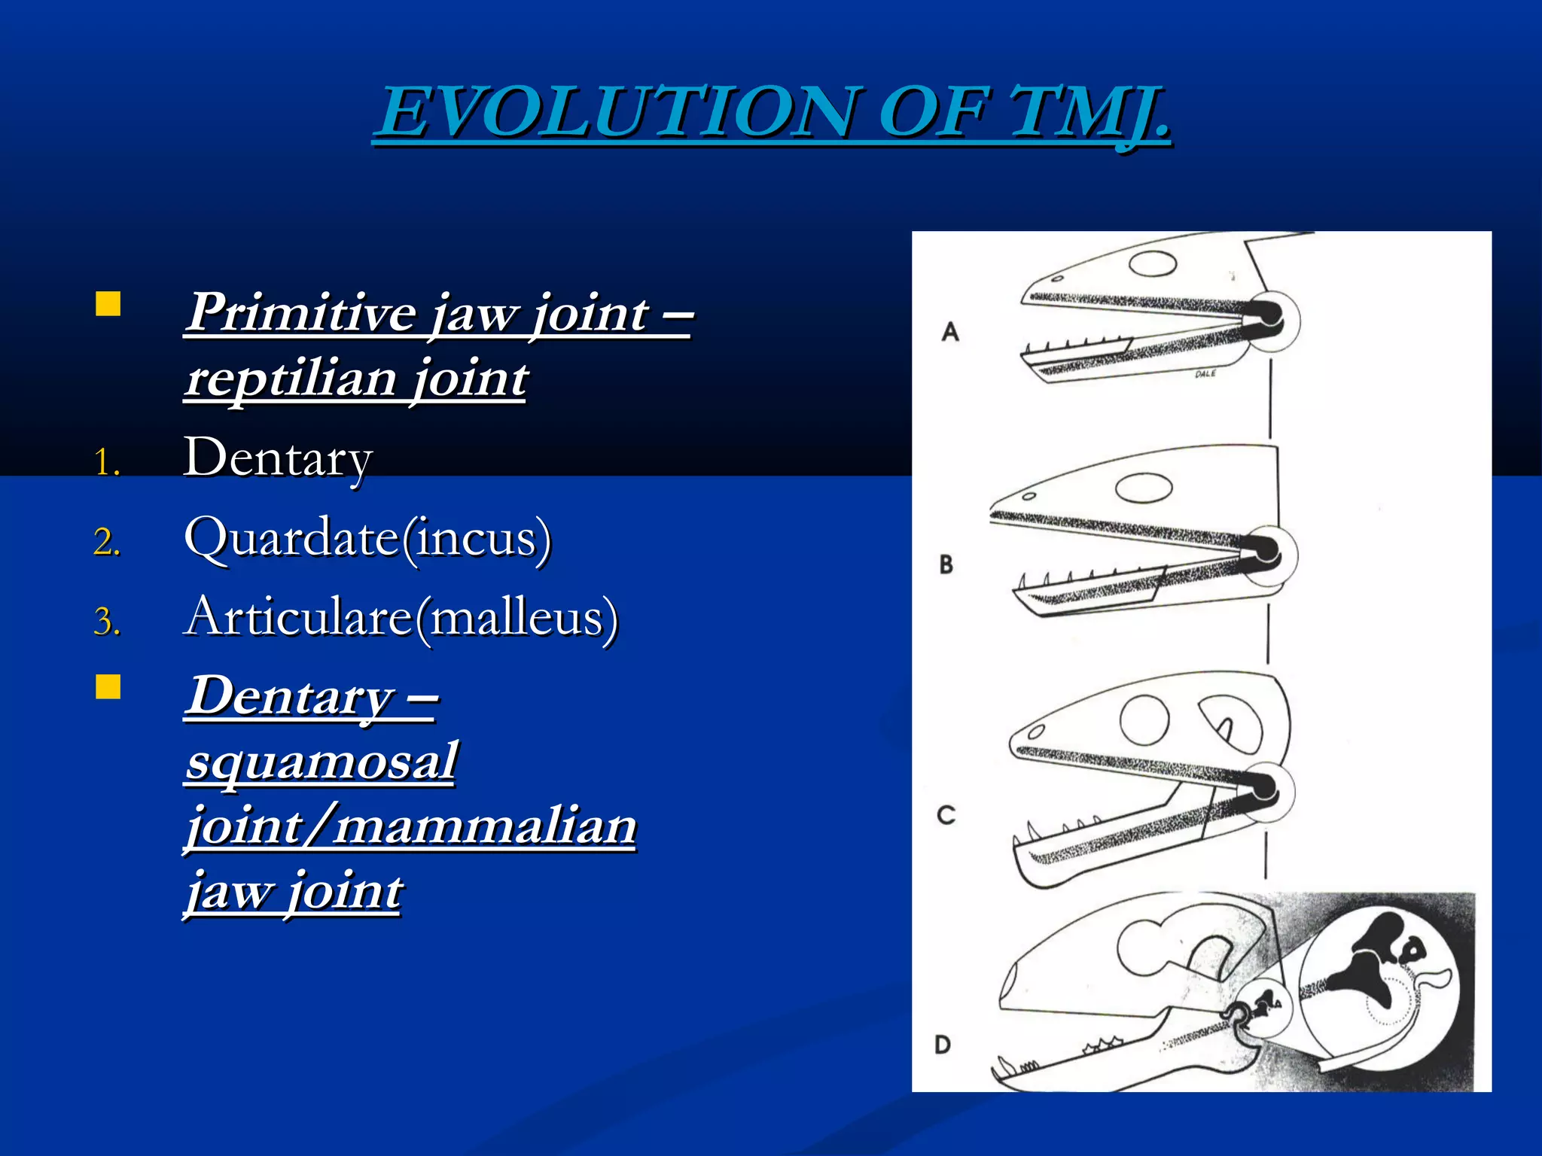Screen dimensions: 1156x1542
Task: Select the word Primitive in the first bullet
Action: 301,312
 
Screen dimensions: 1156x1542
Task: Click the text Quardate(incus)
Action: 367,537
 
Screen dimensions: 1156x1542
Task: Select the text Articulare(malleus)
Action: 401,617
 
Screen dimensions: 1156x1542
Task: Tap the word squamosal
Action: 322,761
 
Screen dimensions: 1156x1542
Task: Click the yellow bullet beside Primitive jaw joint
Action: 108,304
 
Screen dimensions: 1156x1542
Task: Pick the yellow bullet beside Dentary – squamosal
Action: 108,687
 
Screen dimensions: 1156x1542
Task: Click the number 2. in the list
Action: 107,542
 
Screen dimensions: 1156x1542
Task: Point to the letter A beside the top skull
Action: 950,331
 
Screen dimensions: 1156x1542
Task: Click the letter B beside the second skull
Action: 946,564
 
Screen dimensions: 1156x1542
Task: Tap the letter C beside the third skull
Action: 946,814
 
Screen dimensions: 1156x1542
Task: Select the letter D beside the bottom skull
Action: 943,1045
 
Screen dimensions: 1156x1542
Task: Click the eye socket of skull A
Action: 1153,264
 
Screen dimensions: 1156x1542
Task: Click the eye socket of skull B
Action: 1144,488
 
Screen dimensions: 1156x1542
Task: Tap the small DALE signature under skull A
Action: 1205,374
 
